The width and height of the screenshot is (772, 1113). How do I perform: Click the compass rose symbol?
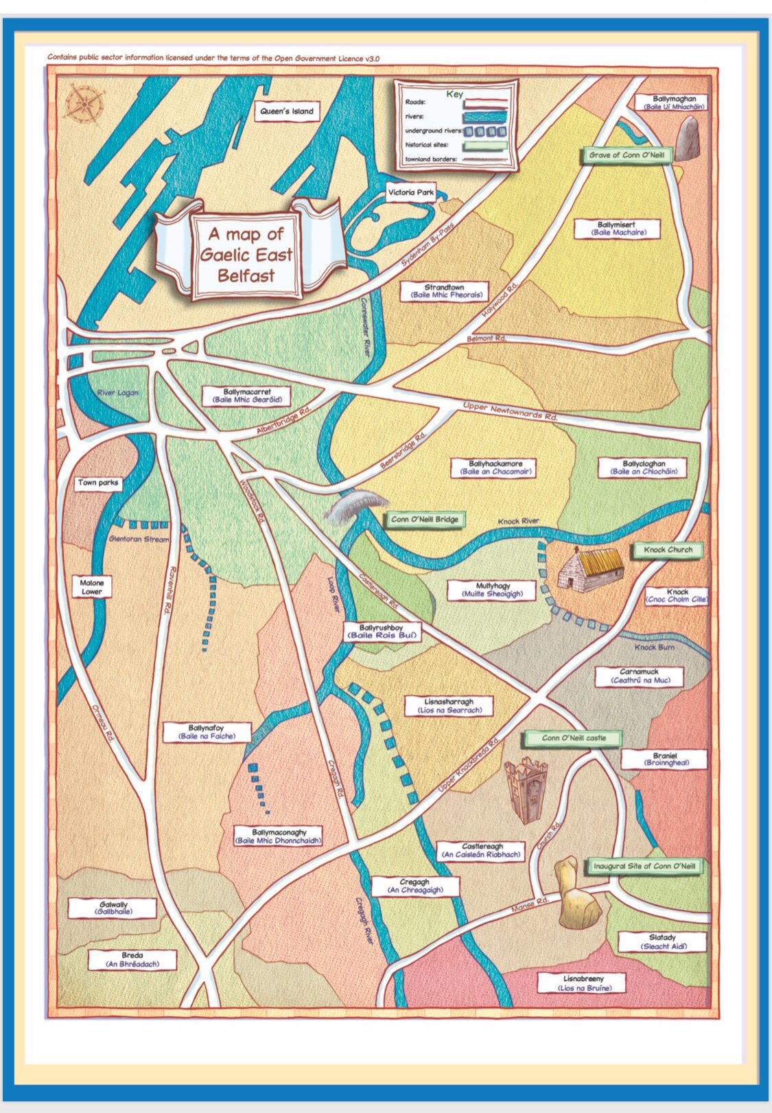point(85,105)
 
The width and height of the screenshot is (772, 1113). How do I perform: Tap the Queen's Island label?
point(287,111)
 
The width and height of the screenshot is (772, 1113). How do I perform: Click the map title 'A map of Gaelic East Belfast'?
point(246,255)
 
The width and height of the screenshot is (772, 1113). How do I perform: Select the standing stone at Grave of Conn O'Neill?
point(688,139)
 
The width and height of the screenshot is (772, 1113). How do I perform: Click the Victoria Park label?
point(410,193)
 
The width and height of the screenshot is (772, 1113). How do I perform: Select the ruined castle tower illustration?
point(526,790)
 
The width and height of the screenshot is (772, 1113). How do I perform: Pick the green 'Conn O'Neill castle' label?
point(574,738)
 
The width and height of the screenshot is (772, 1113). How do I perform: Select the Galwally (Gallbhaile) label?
point(113,908)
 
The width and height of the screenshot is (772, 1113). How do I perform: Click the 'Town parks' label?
point(97,483)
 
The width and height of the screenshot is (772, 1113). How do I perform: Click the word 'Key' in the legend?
point(454,94)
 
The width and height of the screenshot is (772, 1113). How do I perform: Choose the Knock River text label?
point(518,521)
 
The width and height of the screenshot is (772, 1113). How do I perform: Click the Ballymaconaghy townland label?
point(279,836)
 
